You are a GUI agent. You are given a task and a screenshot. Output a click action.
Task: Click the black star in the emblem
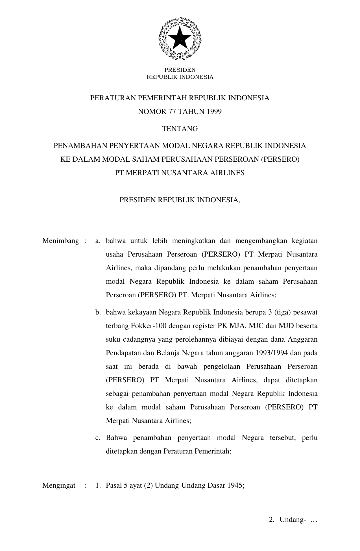coord(180,39)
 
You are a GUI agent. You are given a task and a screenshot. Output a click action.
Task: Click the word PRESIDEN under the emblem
coord(180,70)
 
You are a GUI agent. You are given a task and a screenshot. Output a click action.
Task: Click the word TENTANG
coord(180,129)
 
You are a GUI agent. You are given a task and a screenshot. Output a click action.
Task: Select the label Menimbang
coord(60,241)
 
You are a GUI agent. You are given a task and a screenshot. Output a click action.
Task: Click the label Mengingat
coord(59,485)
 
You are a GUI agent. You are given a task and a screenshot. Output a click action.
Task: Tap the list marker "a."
coord(98,241)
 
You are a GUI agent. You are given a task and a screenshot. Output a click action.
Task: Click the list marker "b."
coord(98,312)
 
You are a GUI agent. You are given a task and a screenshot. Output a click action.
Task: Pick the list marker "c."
coord(98,438)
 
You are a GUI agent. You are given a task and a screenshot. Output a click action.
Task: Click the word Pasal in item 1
coord(114,485)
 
